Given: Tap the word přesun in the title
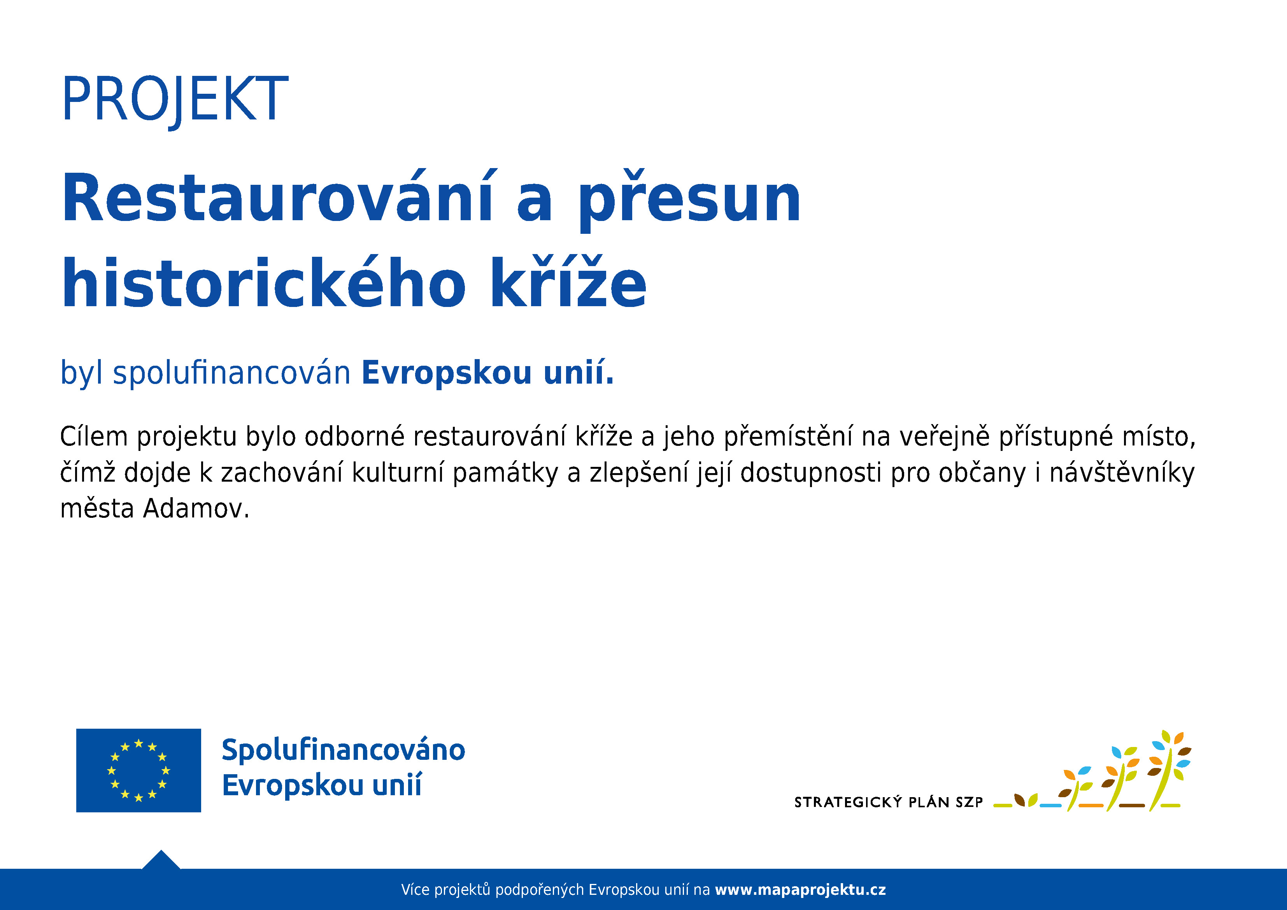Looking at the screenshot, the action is pos(689,201).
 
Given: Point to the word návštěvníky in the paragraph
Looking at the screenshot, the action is pos(1122,473).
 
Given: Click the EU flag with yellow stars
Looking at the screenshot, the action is pos(139,770).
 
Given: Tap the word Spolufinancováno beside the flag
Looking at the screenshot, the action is pos(343,750).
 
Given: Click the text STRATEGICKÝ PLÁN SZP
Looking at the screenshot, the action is pos(889,802).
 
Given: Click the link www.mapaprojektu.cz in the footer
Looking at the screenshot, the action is pos(800,890).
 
